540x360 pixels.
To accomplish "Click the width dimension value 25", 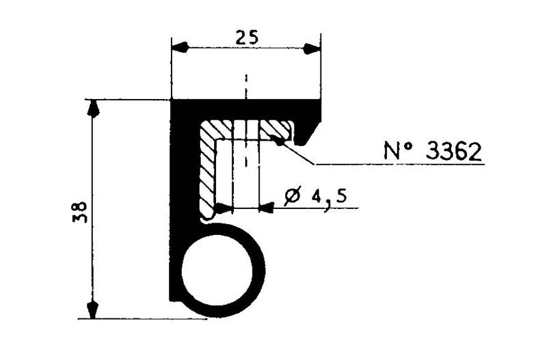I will (x=245, y=38).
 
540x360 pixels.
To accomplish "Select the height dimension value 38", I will (x=77, y=212).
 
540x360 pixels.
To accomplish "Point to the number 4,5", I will (x=327, y=197).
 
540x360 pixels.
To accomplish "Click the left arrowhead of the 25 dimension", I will (x=179, y=48).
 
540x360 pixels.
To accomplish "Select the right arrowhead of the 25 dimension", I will (x=312, y=48).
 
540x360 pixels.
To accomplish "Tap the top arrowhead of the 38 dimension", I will (x=94, y=109).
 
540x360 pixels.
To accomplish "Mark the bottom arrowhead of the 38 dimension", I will (x=94, y=309).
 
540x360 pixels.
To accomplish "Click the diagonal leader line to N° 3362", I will (x=298, y=154).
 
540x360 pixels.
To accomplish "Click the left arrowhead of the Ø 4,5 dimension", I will (x=223, y=208).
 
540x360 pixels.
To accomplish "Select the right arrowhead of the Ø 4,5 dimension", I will (x=269, y=208).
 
